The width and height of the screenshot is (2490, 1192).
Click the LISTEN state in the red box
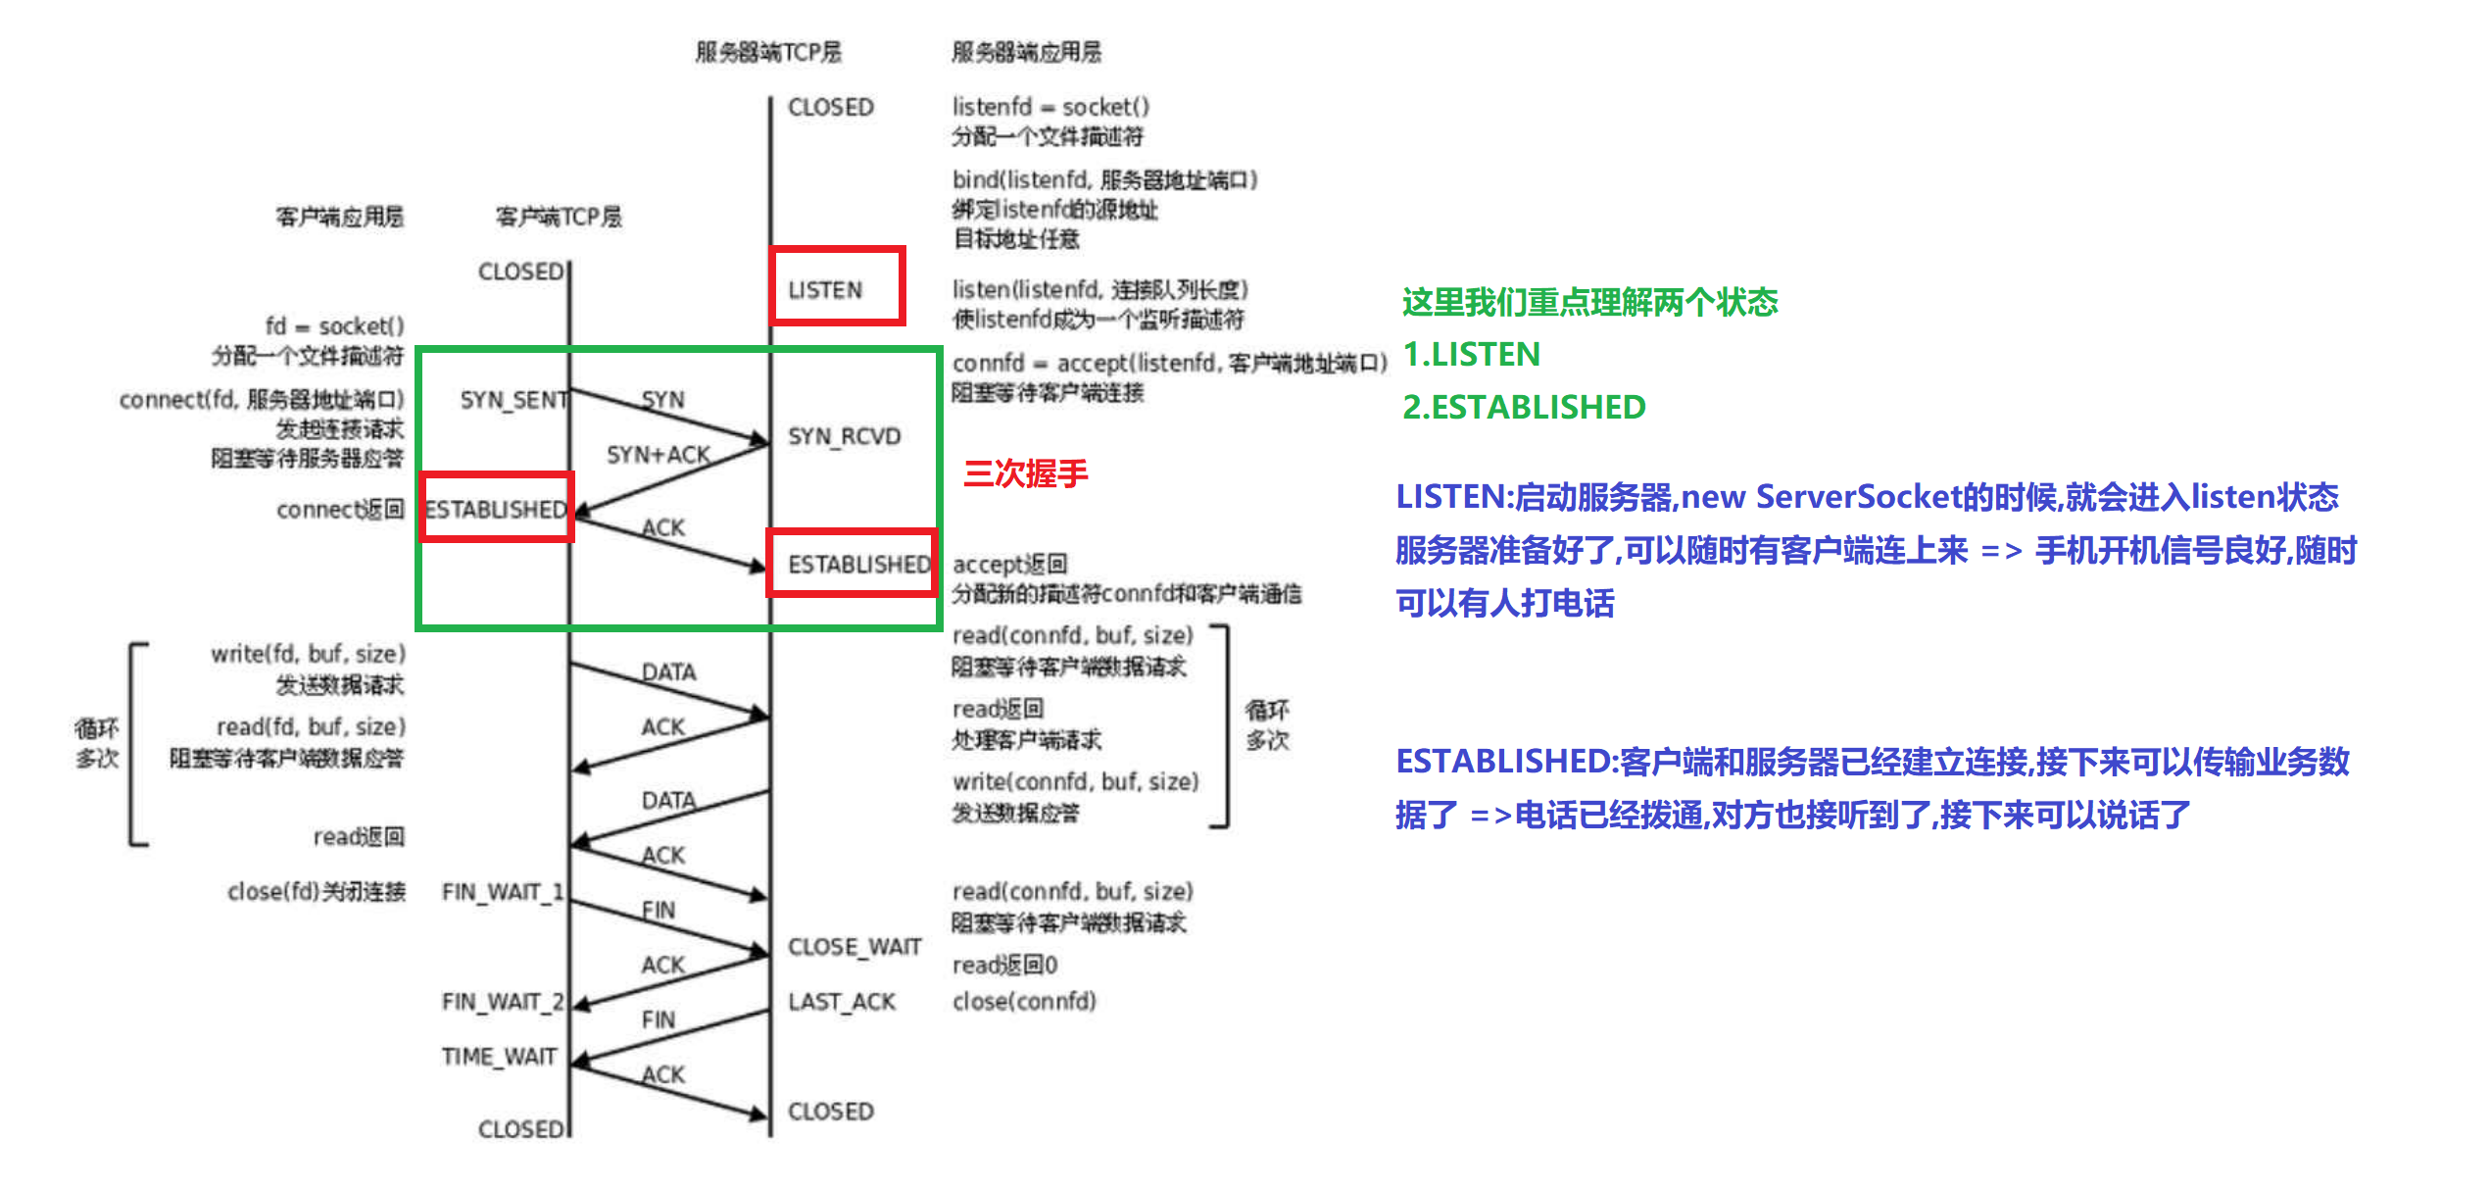[825, 290]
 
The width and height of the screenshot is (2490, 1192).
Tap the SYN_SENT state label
[513, 400]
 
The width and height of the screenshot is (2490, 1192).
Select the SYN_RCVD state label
[844, 436]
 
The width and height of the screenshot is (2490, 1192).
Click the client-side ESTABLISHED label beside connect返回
[496, 510]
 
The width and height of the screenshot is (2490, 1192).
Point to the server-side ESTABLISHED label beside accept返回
[858, 565]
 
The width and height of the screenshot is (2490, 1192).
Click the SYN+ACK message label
[658, 455]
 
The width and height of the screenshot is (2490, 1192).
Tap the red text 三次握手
[1025, 474]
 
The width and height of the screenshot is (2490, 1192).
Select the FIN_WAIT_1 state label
[502, 892]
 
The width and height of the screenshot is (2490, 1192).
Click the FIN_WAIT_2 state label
[502, 1002]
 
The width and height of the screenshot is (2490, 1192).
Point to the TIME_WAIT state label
[499, 1057]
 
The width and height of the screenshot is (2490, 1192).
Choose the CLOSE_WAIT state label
[854, 947]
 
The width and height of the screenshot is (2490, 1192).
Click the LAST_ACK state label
[842, 1002]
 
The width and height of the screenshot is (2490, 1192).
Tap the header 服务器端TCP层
[768, 52]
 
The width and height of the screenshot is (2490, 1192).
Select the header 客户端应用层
[339, 217]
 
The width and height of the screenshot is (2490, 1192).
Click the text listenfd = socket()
[1050, 107]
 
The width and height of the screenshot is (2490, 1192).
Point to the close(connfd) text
[1024, 1002]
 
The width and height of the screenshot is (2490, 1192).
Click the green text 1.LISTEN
[1471, 354]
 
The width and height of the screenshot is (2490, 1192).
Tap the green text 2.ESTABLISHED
[1524, 407]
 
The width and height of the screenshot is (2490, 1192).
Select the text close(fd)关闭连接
[317, 892]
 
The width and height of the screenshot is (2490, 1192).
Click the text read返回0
[1004, 966]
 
